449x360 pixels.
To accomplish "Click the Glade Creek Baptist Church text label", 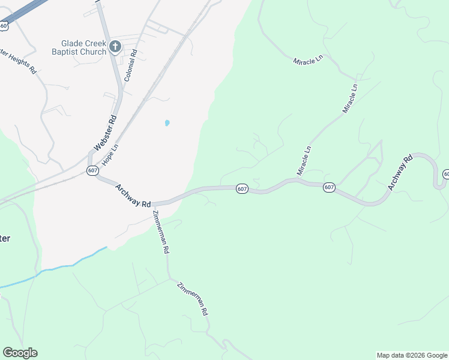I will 83,47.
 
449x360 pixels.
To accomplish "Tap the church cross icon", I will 115,46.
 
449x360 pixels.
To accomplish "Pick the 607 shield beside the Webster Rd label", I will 92,171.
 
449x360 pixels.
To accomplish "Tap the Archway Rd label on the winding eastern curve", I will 400,173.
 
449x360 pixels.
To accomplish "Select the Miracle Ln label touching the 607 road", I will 305,160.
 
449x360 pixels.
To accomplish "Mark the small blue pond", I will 167,123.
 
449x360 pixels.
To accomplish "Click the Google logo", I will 20,353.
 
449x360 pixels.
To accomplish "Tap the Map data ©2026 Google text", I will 412,355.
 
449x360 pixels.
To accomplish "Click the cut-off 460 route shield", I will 4,25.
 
